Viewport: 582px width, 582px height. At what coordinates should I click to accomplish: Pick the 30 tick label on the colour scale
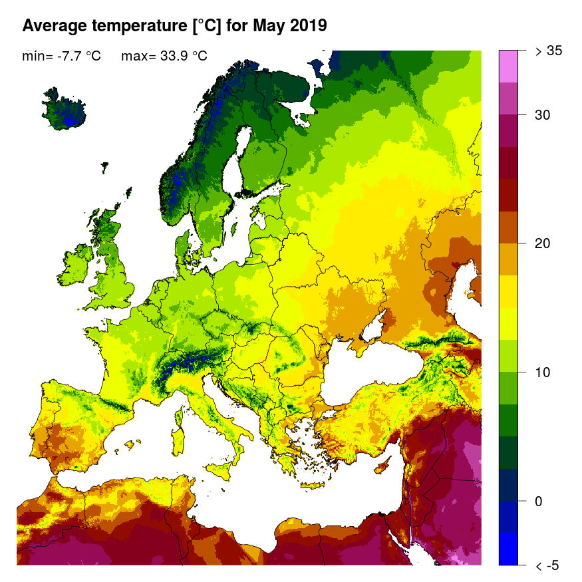coord(543,115)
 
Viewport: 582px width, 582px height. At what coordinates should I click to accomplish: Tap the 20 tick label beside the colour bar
coord(543,243)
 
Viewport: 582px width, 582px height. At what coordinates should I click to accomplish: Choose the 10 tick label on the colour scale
coord(543,372)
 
